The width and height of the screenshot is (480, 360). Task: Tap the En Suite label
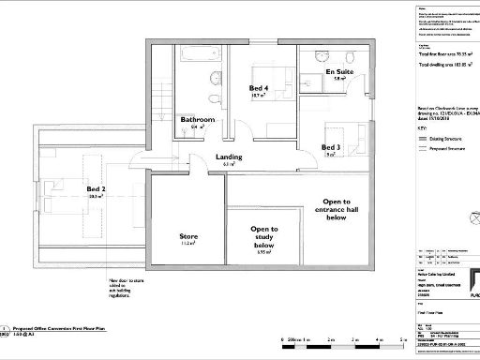coord(339,71)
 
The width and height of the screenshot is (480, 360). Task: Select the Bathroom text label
coord(198,120)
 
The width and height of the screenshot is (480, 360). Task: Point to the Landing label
coord(230,157)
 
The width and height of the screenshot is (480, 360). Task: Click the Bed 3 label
coord(331,147)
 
